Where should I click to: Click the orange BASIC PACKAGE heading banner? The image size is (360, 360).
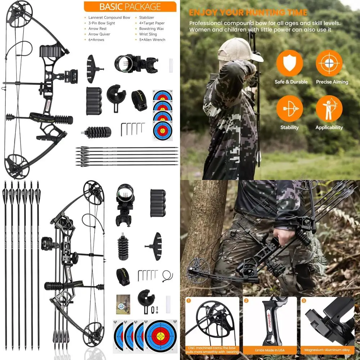130,6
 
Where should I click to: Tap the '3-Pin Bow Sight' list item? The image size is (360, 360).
102,23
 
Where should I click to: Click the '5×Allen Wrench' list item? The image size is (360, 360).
152,40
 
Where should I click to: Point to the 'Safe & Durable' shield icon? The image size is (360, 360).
289,63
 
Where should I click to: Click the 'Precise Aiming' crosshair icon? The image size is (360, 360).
329,63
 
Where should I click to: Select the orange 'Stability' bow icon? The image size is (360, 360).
289,108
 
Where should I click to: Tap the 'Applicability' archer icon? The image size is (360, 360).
329,108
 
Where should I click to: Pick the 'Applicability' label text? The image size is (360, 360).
329,127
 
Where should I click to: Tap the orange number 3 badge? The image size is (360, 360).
304,300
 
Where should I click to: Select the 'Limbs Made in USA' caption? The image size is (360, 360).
270,350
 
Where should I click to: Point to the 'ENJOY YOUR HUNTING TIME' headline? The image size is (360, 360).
248,13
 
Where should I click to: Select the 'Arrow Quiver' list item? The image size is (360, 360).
99,34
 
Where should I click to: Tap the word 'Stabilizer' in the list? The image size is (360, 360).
147,17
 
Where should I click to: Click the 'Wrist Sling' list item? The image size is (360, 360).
148,34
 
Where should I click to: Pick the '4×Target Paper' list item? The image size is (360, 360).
152,23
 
